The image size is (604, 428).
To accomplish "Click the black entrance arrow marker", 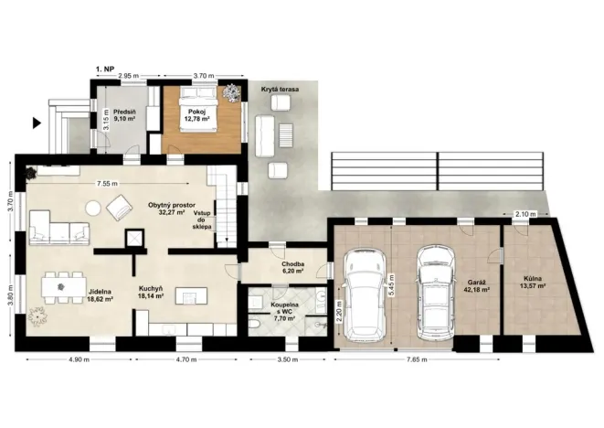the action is pyautogui.click(x=37, y=123).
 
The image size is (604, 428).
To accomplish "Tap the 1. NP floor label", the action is pyautogui.click(x=105, y=69).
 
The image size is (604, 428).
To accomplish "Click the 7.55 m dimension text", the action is pyautogui.click(x=108, y=184).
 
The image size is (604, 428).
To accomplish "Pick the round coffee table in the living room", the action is pyautogui.click(x=93, y=209).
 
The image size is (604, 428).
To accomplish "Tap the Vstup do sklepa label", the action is pyautogui.click(x=202, y=219).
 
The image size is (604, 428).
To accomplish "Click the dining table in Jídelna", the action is pyautogui.click(x=61, y=287).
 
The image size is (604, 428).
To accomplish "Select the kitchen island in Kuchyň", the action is pyautogui.click(x=192, y=296).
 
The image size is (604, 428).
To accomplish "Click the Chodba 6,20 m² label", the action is pyautogui.click(x=292, y=268).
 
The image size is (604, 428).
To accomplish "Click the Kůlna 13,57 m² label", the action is pyautogui.click(x=533, y=282).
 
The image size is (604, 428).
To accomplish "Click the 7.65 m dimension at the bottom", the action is pyautogui.click(x=417, y=360).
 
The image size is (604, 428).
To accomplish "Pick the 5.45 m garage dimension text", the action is pyautogui.click(x=392, y=285).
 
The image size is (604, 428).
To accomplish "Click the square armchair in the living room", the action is pyautogui.click(x=119, y=207).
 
